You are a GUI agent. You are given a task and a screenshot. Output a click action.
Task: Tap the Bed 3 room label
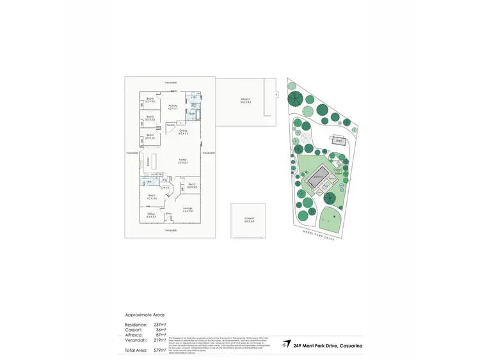click(150, 118)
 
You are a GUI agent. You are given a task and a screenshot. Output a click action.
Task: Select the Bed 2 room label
click(150, 136)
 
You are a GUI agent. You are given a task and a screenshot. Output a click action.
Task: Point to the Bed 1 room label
click(152, 197)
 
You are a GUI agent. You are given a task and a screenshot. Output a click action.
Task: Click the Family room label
click(182, 161)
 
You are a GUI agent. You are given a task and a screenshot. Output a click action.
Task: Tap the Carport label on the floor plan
click(249, 219)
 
